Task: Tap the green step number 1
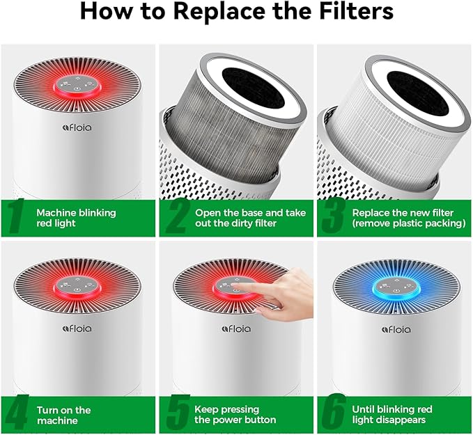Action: (x=16, y=217)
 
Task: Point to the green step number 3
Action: (x=333, y=217)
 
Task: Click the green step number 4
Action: (x=16, y=413)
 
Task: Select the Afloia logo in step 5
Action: (x=236, y=328)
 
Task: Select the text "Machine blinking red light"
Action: (x=76, y=218)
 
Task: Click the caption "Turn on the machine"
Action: (x=63, y=415)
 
